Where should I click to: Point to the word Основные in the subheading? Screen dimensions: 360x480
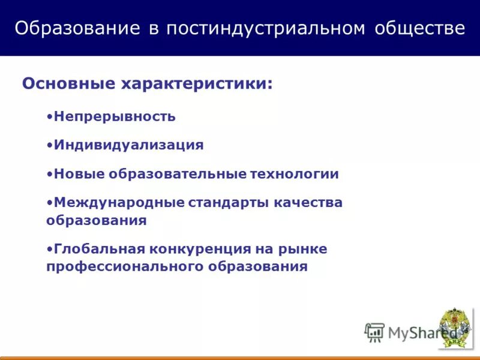coord(68,83)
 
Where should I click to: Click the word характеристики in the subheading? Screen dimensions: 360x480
coord(197,83)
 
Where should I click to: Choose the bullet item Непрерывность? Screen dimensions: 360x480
coord(114,116)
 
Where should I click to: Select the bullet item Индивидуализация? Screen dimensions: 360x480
coord(128,145)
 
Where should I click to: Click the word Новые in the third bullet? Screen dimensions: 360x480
coord(79,174)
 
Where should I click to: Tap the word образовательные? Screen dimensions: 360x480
coord(178,174)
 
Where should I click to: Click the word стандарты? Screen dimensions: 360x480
coord(229,203)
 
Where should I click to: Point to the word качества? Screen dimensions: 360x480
coord(308,203)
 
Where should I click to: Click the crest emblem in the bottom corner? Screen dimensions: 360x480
coord(455,328)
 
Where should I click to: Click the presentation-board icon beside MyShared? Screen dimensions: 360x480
coord(374,332)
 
